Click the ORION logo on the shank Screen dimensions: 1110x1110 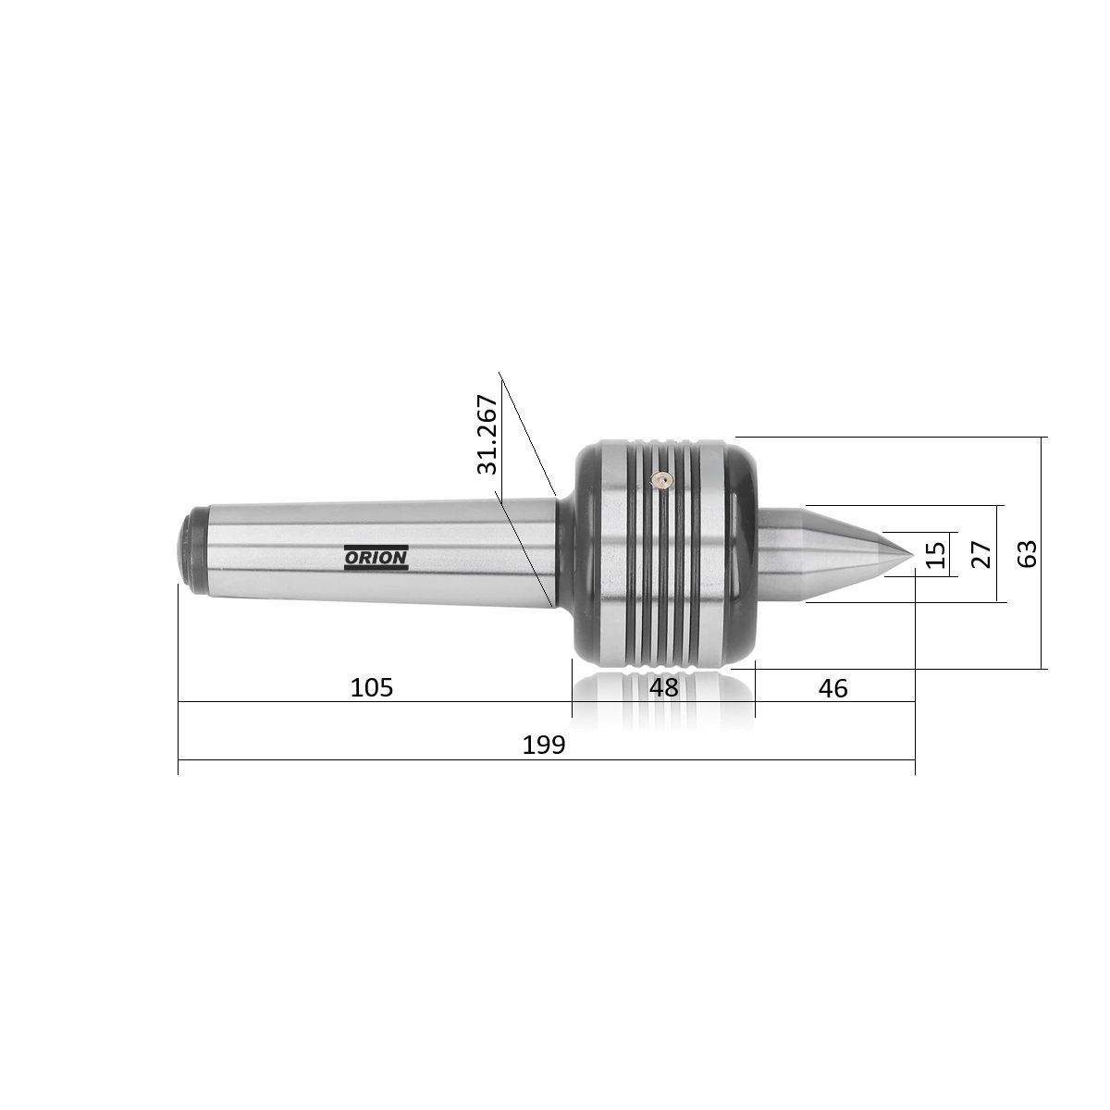click(376, 557)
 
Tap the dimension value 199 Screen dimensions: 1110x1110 click(544, 745)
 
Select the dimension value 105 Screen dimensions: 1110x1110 click(372, 687)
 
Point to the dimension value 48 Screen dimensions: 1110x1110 click(663, 687)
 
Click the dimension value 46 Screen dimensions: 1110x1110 click(832, 688)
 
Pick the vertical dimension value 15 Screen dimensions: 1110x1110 click(937, 554)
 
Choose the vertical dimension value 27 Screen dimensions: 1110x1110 click(981, 554)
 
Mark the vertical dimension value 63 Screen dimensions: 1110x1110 click(1027, 553)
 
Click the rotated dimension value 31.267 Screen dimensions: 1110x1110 click(487, 435)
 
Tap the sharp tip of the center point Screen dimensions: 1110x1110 click(914, 555)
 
